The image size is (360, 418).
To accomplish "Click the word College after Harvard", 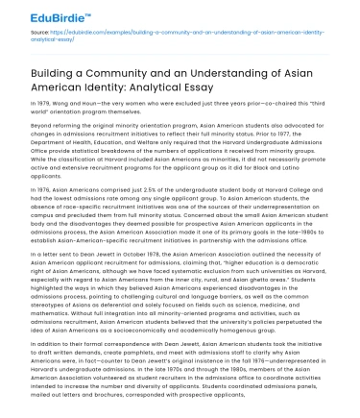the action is [318, 191].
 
